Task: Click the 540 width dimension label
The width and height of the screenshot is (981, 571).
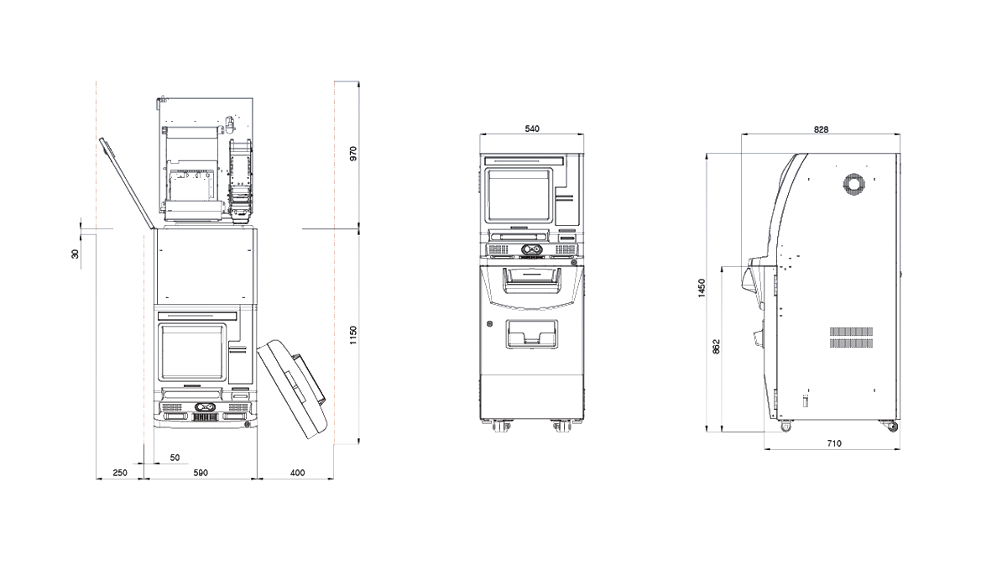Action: pos(532,129)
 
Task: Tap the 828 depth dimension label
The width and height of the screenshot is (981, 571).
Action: pos(821,129)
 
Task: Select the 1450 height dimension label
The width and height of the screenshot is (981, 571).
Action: pos(702,289)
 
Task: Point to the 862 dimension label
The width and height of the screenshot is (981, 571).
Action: pos(717,347)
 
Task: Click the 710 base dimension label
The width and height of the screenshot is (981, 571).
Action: pos(834,443)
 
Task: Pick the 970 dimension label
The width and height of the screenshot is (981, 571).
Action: pos(352,154)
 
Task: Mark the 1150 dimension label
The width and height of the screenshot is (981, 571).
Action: pos(352,336)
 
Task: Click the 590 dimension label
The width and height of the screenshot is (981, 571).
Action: pos(201,473)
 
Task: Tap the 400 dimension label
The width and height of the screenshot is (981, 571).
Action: pos(297,473)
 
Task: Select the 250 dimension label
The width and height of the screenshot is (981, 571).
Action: pos(119,473)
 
